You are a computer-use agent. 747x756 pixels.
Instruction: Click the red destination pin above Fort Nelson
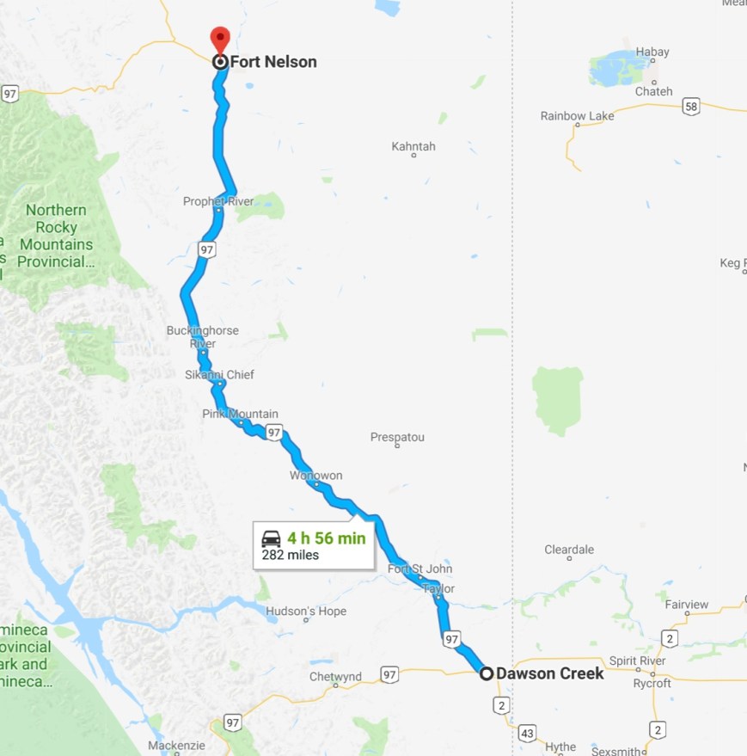[x=220, y=39]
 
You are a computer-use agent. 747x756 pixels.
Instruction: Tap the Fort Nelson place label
[x=273, y=62]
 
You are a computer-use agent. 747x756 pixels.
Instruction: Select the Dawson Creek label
[x=550, y=673]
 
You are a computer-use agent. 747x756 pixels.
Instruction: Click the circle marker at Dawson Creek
[x=487, y=673]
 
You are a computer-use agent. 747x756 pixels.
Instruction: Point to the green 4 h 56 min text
[x=326, y=538]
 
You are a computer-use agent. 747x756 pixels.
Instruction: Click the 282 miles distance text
[x=291, y=555]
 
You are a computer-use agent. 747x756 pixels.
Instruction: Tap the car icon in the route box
[x=271, y=539]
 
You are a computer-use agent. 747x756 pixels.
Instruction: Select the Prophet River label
[x=218, y=201]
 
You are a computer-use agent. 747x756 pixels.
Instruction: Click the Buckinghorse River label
[x=202, y=337]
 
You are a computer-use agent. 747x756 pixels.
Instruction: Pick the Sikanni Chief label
[x=219, y=375]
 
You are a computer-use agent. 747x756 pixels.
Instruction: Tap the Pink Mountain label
[x=240, y=414]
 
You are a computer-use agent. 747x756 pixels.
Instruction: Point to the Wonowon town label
[x=315, y=476]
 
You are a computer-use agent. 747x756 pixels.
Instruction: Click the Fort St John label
[x=419, y=569]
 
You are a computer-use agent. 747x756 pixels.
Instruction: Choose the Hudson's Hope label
[x=306, y=612]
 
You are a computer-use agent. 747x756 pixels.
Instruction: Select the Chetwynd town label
[x=335, y=677]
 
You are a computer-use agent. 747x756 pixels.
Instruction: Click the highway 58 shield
[x=691, y=107]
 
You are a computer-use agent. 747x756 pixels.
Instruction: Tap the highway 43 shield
[x=527, y=734]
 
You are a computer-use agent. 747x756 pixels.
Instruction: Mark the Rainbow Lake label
[x=577, y=116]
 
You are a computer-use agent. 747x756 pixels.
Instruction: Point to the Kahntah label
[x=413, y=147]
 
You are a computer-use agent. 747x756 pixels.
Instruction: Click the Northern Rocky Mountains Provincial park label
[x=56, y=236]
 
